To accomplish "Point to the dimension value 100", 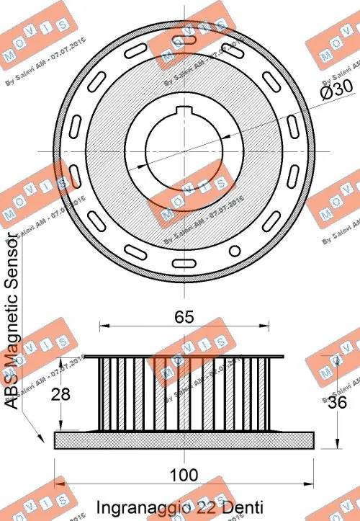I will coord(185,474).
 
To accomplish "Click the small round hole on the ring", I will coord(233,250).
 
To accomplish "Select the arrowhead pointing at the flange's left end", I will coord(35,437).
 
